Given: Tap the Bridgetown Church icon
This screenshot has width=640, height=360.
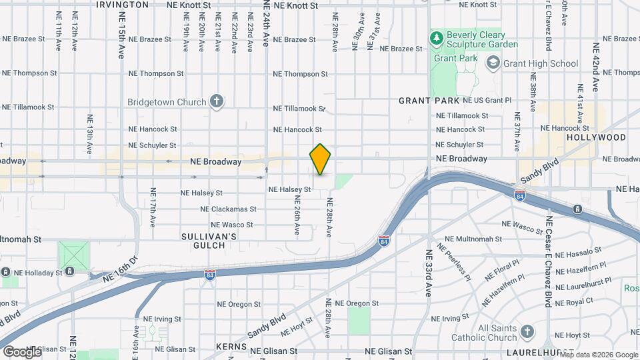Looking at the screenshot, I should (x=215, y=102).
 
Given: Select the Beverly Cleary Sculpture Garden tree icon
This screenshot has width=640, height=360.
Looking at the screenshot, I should (x=437, y=39).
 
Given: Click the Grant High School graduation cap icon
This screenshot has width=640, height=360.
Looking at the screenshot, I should (x=493, y=63).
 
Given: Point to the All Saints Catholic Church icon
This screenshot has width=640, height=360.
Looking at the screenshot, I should (x=527, y=332).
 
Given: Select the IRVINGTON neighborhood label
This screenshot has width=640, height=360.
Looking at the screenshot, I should (x=122, y=5).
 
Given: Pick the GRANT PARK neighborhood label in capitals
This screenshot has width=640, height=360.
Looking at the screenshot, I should (x=429, y=101).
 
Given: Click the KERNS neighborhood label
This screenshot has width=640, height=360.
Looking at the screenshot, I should (x=231, y=347).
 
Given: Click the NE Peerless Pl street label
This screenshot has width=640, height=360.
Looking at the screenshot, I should (x=454, y=259).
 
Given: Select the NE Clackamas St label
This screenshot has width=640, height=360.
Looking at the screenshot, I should (x=228, y=209).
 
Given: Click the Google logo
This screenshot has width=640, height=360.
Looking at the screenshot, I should (x=22, y=351).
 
